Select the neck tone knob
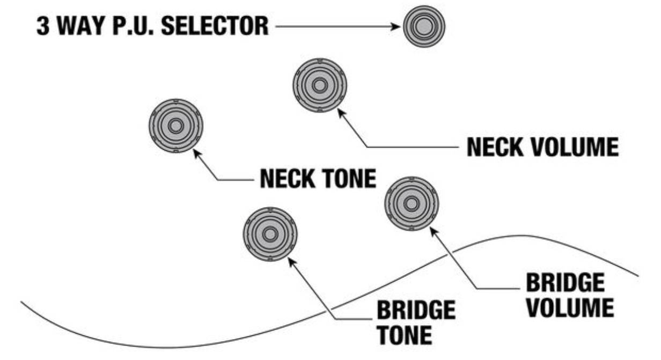pos(175,126)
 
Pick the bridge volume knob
pos(412,203)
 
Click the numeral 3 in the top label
pos(42,26)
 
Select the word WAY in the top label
pos(77,26)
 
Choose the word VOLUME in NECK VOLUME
pos(576,147)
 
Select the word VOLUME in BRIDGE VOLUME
pos(569,308)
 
